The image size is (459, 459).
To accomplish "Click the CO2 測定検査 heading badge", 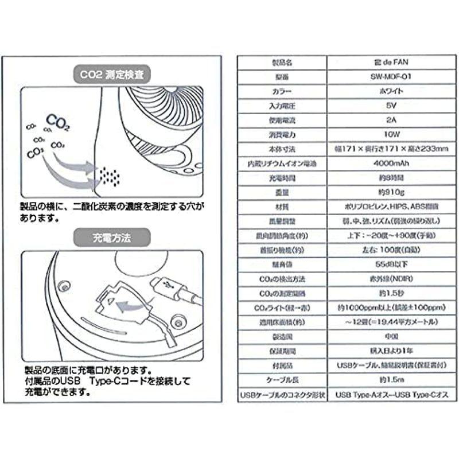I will [x=111, y=73].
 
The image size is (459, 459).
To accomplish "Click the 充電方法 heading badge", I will [x=111, y=235].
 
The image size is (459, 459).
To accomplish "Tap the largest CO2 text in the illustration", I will [x=57, y=122].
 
